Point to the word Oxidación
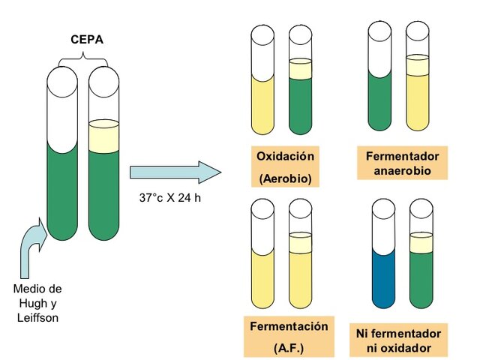coord(285,157)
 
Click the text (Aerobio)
coord(284,178)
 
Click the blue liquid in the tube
coord(383,281)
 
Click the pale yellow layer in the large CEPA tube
coord(103,136)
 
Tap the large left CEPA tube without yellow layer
coord(62,187)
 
